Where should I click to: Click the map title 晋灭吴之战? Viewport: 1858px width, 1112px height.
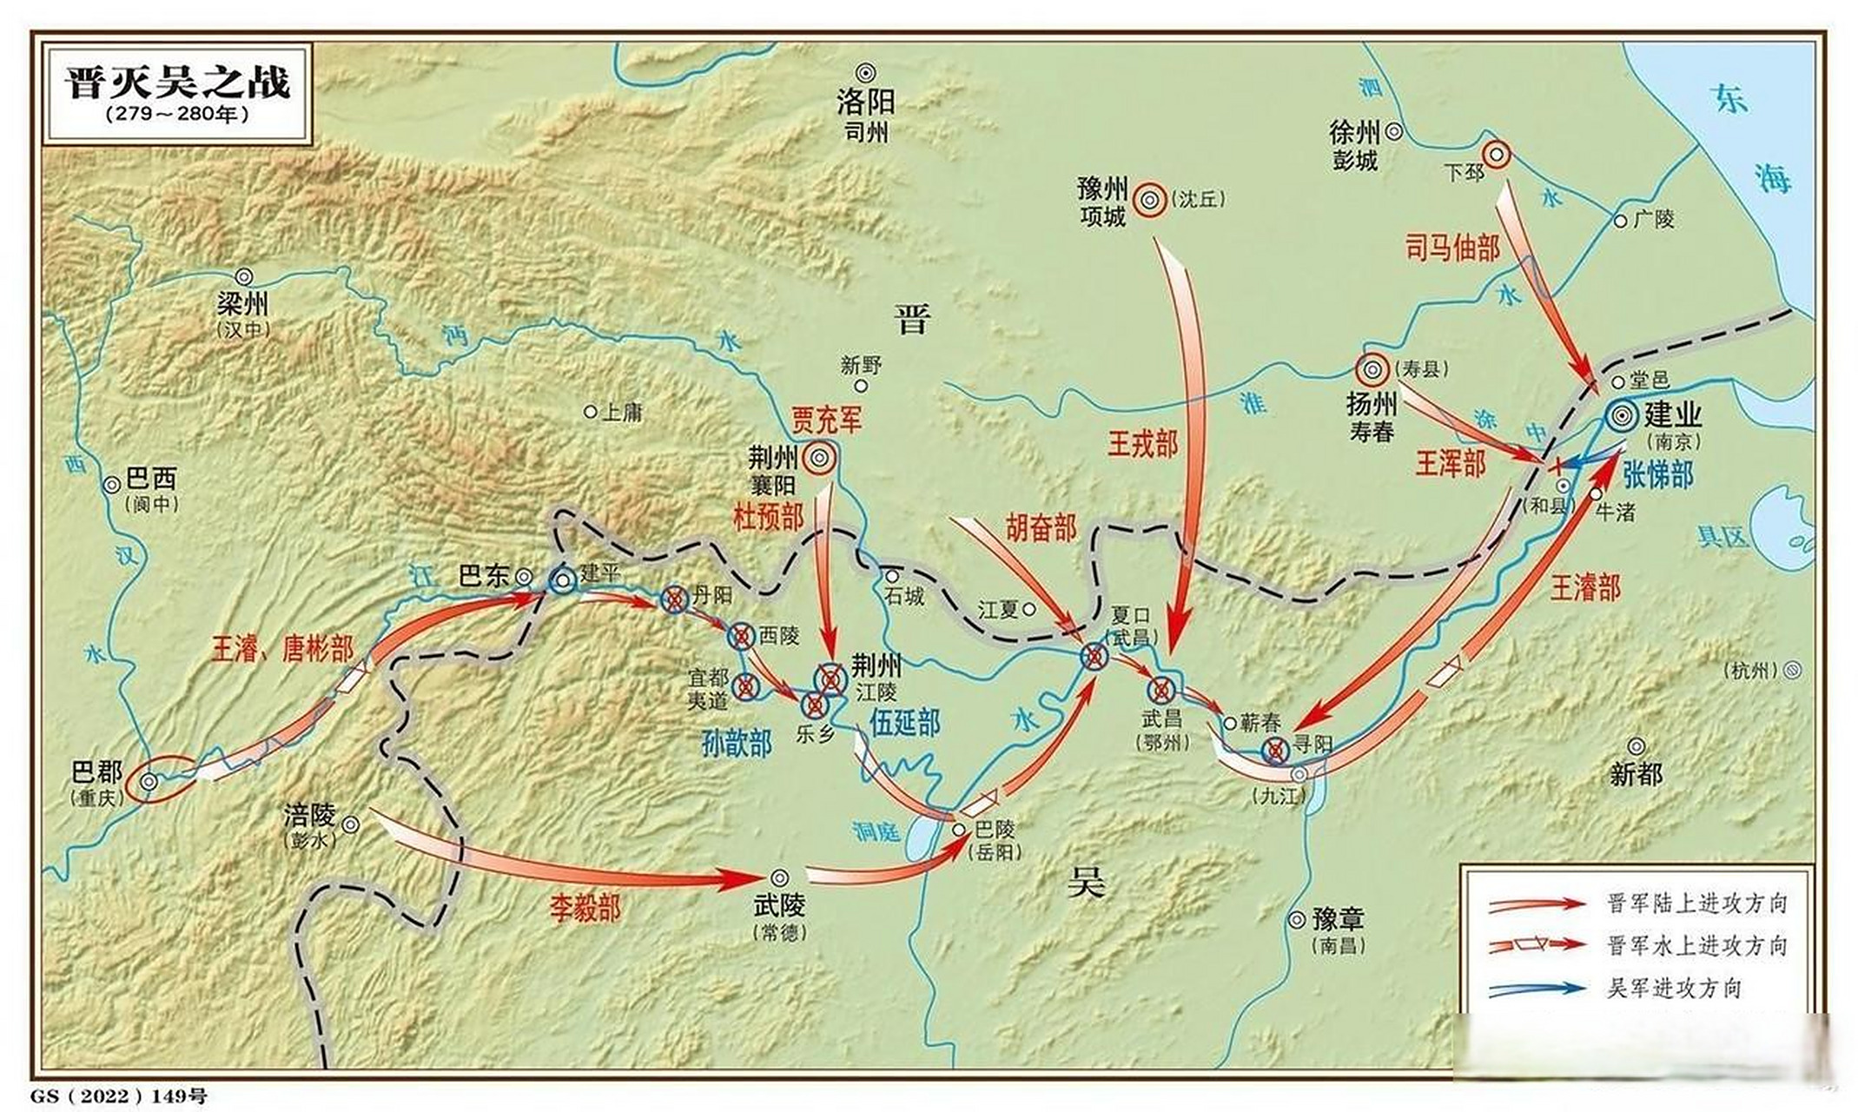pos(177,83)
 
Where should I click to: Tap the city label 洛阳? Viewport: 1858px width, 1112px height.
pos(865,103)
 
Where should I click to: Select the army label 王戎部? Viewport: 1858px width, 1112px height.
pos(1142,445)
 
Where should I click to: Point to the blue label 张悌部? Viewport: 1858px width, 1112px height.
pos(1657,475)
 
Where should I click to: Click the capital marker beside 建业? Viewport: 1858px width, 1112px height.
pos(1620,416)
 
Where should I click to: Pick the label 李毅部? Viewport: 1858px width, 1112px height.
pos(585,909)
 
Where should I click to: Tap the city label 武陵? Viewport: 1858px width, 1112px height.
pos(779,905)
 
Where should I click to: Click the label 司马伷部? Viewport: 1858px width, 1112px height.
pos(1452,248)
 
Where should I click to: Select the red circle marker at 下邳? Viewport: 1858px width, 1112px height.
pos(1496,155)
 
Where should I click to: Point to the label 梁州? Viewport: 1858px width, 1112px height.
pos(243,304)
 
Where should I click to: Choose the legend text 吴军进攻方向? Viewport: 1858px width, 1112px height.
pos(1674,989)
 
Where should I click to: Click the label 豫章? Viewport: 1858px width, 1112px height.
pos(1338,918)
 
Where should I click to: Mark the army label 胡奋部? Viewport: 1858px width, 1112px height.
pos(1041,527)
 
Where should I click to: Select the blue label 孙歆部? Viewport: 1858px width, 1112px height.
pos(737,744)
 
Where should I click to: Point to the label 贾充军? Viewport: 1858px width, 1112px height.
pos(826,420)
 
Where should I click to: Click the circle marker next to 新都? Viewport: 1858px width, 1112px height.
pos(1636,746)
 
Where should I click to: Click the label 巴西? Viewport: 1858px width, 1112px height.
pos(152,479)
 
